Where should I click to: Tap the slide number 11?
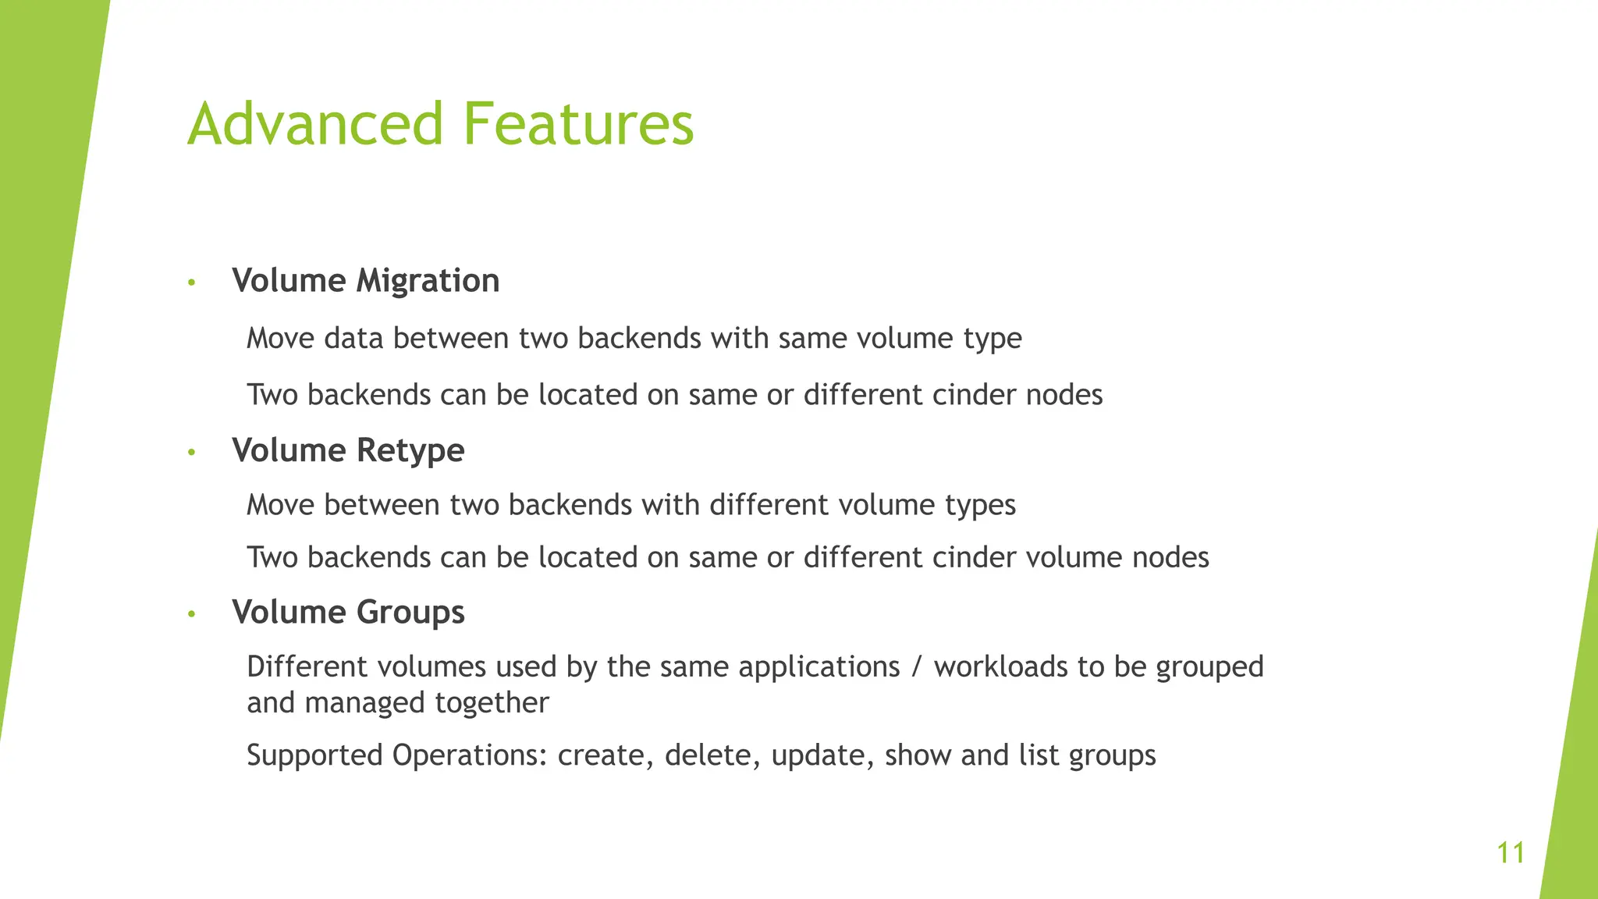tap(1511, 853)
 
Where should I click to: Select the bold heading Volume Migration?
tap(365, 281)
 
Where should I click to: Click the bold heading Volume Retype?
tap(348, 450)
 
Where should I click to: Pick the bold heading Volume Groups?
tap(348, 612)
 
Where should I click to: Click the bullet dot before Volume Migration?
tap(191, 282)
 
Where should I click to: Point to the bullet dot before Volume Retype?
tap(191, 452)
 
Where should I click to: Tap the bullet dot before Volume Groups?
tap(191, 614)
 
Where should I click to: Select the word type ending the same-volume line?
tap(993, 339)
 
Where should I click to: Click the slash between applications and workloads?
tap(917, 667)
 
